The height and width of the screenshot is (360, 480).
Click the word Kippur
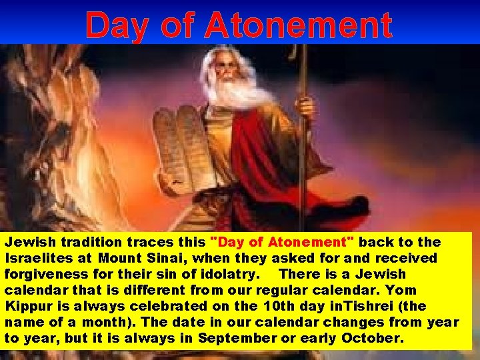(27, 306)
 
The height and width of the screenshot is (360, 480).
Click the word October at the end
(373, 338)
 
